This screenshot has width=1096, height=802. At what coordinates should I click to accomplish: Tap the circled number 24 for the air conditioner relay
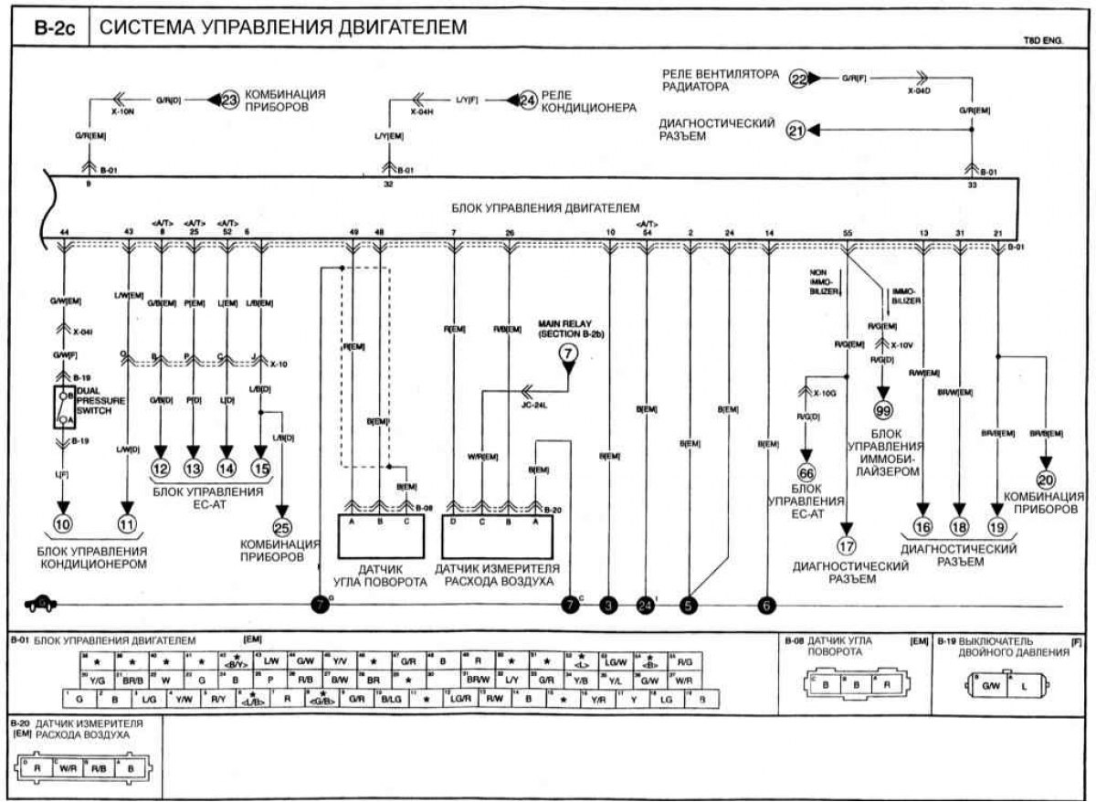pyautogui.click(x=527, y=100)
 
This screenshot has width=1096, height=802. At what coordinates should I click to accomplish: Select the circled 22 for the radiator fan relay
pyautogui.click(x=799, y=79)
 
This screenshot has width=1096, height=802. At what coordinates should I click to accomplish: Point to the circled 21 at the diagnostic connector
pyautogui.click(x=796, y=131)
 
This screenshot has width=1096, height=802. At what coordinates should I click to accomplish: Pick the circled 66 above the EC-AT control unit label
pyautogui.click(x=806, y=473)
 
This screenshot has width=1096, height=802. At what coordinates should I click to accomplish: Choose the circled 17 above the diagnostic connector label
pyautogui.click(x=847, y=547)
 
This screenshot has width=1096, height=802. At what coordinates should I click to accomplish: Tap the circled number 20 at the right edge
pyautogui.click(x=1046, y=478)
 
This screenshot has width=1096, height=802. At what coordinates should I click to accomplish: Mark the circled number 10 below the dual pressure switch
pyautogui.click(x=63, y=523)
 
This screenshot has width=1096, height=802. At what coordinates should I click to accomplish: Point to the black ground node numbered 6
pyautogui.click(x=766, y=604)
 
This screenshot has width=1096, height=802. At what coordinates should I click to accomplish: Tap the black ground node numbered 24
pyautogui.click(x=646, y=604)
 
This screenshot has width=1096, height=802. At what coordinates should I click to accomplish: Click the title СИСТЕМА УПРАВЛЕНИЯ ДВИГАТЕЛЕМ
pyautogui.click(x=282, y=27)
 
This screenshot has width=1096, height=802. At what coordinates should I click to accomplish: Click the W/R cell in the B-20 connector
pyautogui.click(x=67, y=769)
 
